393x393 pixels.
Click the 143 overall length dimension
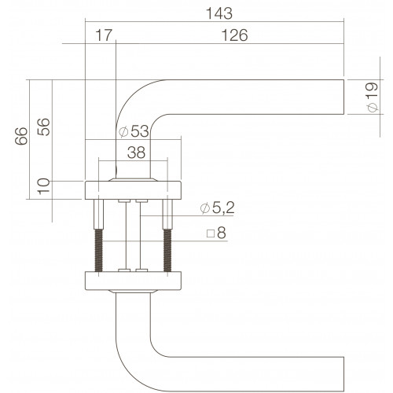219,13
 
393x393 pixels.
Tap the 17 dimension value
104,35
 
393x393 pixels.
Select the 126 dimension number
234,35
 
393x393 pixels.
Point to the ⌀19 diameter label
373,97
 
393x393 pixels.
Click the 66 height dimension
21,136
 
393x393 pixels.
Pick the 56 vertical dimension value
43,127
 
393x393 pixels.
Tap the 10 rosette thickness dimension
43,186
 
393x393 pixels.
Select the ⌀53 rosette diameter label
134,131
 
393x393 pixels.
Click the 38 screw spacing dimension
136,152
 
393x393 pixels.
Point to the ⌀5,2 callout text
217,208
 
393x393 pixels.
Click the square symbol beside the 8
211,233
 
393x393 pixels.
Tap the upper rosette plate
133,190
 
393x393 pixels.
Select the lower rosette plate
133,281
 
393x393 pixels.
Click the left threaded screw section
99,250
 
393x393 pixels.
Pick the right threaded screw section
167,250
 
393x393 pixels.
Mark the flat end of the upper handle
343,97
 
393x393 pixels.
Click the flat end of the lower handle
343,374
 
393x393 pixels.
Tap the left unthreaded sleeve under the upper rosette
99,215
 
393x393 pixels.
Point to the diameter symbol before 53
123,131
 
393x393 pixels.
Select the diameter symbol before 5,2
205,208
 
